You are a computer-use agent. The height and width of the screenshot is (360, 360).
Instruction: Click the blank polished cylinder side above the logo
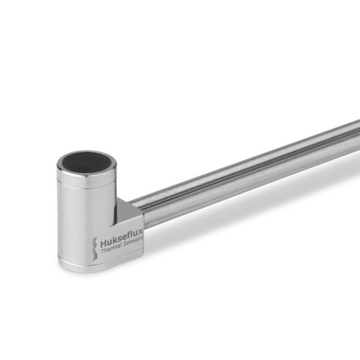[x=83, y=211]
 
